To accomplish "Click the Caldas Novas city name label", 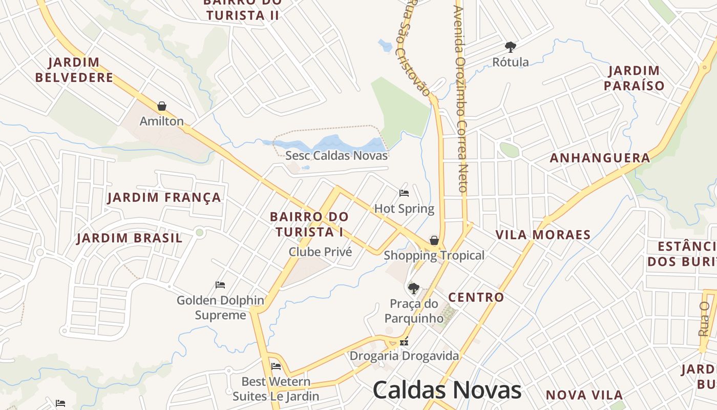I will [x=447, y=390].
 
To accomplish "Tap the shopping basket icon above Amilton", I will [x=162, y=106].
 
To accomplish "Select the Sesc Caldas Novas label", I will [x=336, y=155].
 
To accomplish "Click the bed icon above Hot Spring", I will [x=404, y=193].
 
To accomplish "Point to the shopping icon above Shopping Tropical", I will [x=434, y=240].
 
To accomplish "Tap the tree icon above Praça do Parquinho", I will [x=413, y=289].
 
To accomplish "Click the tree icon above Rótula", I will [x=510, y=47].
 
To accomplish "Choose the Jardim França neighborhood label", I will [x=164, y=197].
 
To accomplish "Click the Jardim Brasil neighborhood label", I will [x=130, y=238].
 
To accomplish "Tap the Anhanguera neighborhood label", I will [x=600, y=158].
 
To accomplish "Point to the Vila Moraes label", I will [x=543, y=235].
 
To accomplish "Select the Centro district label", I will [x=476, y=297].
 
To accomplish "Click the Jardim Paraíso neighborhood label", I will [x=634, y=78].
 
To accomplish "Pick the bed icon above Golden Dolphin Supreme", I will [x=220, y=285].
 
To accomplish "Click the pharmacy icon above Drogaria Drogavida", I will [x=404, y=341].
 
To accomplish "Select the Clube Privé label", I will [x=320, y=252].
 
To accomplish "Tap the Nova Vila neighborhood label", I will [x=584, y=395].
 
